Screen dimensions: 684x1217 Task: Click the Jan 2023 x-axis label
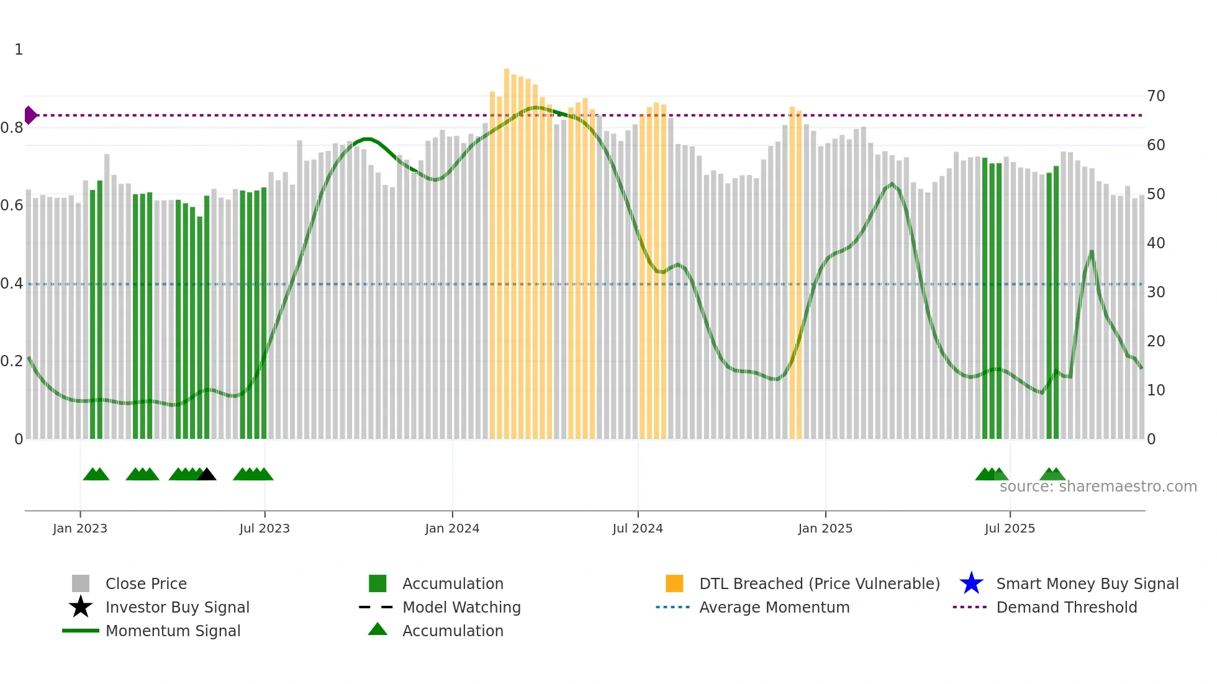click(79, 528)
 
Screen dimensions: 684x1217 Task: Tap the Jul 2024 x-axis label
click(637, 528)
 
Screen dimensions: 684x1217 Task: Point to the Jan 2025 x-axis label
click(825, 528)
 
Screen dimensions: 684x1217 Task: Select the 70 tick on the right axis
click(1156, 96)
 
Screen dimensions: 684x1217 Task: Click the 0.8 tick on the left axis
click(12, 128)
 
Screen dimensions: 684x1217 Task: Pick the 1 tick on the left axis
click(19, 50)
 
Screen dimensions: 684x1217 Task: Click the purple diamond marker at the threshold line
click(30, 115)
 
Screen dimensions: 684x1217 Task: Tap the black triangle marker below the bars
click(207, 475)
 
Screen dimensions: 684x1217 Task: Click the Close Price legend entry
click(146, 583)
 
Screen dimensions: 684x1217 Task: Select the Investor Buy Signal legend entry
click(177, 607)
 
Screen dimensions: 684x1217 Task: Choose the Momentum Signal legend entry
click(173, 631)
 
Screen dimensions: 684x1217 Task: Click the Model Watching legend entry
click(461, 607)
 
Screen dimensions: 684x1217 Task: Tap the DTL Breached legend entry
click(819, 583)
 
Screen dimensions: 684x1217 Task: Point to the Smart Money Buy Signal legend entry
click(1087, 583)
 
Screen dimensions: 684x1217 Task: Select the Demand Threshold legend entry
click(1066, 607)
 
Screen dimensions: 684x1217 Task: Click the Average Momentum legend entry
click(774, 607)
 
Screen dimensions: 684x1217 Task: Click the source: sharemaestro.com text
click(1098, 487)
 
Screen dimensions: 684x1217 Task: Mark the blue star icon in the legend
click(971, 583)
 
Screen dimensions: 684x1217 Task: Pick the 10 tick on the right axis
click(1156, 390)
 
